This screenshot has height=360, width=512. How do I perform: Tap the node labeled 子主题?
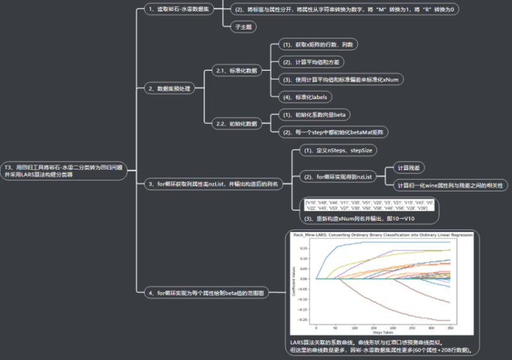241,27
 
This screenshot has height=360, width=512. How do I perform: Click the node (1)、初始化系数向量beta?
314,114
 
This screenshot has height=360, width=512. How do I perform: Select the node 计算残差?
408,168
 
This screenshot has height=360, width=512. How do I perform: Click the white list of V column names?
371,205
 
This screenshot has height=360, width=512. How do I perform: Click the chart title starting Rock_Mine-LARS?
382,235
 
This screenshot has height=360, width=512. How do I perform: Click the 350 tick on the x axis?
450,327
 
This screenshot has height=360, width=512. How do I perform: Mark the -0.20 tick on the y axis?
306,319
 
